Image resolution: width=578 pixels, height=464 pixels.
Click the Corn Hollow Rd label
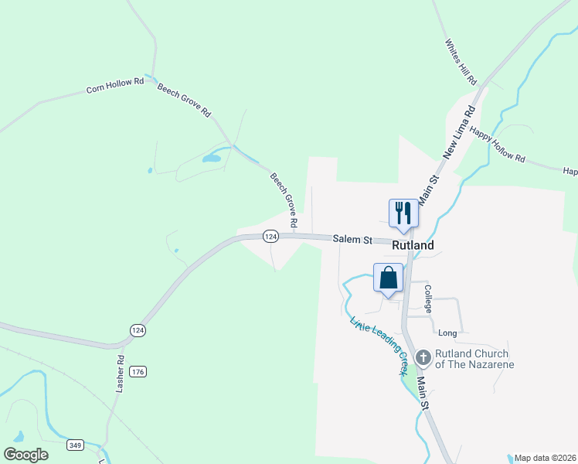(115, 85)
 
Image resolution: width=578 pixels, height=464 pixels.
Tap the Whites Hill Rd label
(461, 62)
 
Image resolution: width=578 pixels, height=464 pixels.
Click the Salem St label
(353, 240)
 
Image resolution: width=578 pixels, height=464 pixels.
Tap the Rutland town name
(413, 245)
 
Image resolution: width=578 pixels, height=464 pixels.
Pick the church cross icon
(423, 357)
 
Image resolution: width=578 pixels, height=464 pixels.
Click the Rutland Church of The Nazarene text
(474, 359)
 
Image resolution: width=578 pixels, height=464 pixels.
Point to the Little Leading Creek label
(379, 346)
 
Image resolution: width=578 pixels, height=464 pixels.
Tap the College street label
(428, 298)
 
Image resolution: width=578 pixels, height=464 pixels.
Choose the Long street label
(447, 333)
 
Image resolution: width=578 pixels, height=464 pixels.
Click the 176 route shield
(138, 372)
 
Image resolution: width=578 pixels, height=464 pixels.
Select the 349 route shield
(76, 445)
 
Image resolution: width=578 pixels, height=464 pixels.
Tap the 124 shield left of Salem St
(270, 237)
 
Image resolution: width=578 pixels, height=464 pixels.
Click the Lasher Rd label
(121, 374)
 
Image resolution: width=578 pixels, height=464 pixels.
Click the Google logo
(25, 455)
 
